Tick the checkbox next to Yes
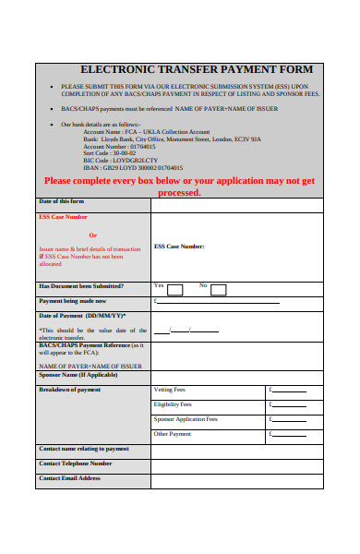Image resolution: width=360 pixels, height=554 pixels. pyautogui.click(x=174, y=290)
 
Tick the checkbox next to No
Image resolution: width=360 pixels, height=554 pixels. pyautogui.click(x=218, y=290)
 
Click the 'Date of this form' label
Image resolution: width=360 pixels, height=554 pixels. pyautogui.click(x=61, y=201)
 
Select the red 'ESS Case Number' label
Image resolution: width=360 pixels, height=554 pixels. pyautogui.click(x=64, y=217)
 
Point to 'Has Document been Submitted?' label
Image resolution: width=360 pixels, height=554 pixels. pyautogui.click(x=81, y=286)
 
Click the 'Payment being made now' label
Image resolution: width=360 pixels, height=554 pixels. pyautogui.click(x=72, y=301)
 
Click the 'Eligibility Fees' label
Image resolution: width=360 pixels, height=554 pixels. pyautogui.click(x=173, y=404)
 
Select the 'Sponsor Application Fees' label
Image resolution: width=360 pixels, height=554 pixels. pyautogui.click(x=186, y=419)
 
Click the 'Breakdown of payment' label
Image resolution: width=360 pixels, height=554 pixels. pyautogui.click(x=70, y=390)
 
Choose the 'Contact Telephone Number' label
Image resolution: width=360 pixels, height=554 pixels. pyautogui.click(x=76, y=464)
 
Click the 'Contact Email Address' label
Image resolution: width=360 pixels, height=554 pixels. pyautogui.click(x=70, y=478)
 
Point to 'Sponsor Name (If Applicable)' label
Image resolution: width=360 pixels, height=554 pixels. pyautogui.click(x=78, y=375)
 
